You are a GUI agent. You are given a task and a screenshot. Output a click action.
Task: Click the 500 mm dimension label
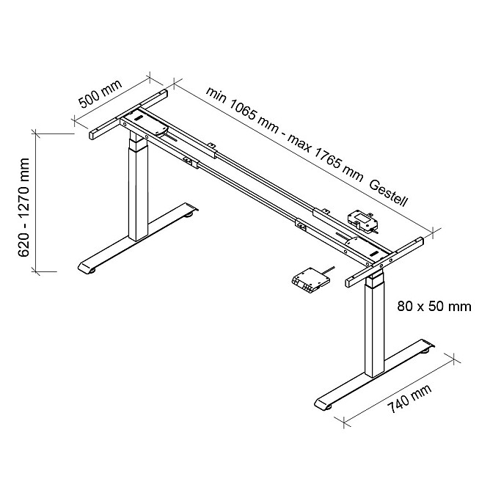tap(100, 94)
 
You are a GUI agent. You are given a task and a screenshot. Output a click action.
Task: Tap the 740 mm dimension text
tap(409, 398)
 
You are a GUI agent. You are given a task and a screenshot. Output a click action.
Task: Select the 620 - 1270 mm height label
tap(23, 207)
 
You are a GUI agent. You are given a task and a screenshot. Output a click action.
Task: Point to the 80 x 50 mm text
tap(434, 307)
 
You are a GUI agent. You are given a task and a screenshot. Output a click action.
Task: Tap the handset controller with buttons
tap(310, 280)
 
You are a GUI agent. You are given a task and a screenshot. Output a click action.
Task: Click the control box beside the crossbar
tap(362, 221)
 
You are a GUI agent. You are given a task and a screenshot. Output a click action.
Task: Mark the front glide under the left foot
tap(92, 271)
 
